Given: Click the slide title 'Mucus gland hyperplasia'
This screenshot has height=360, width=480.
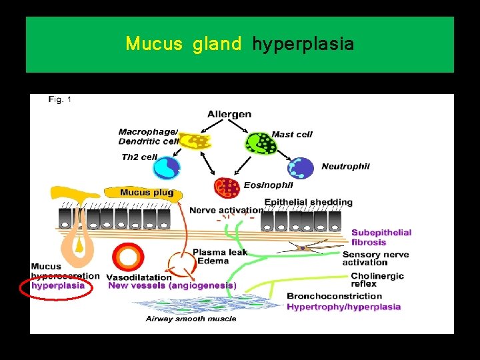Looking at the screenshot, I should (239, 45).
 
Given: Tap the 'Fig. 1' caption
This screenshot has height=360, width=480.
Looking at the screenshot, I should (60, 100).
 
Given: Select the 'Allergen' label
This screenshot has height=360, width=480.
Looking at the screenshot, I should (229, 114).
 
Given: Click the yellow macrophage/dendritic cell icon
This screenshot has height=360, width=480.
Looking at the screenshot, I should (195, 141).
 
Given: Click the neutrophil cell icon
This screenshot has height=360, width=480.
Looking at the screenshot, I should (301, 168).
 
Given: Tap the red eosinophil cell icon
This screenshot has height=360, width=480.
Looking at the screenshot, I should (227, 187).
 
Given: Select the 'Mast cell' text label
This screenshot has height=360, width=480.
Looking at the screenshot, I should (292, 135).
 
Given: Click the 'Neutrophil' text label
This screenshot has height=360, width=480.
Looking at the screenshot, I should (345, 167).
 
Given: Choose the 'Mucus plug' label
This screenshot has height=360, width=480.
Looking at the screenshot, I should (147, 193).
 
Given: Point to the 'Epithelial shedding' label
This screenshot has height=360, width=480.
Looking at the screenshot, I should (309, 202).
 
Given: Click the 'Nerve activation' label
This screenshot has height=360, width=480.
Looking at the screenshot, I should (226, 211).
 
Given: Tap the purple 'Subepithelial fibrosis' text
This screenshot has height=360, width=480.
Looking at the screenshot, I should (381, 237).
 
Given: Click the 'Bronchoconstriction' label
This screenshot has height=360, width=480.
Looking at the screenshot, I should (335, 296).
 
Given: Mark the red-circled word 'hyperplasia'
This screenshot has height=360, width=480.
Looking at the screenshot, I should (58, 285).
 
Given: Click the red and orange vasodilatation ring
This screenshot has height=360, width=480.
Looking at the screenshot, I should (128, 257).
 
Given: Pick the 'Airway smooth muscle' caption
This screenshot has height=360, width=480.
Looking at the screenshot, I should (191, 319).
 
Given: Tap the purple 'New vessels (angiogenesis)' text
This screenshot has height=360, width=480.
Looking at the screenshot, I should (172, 285).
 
